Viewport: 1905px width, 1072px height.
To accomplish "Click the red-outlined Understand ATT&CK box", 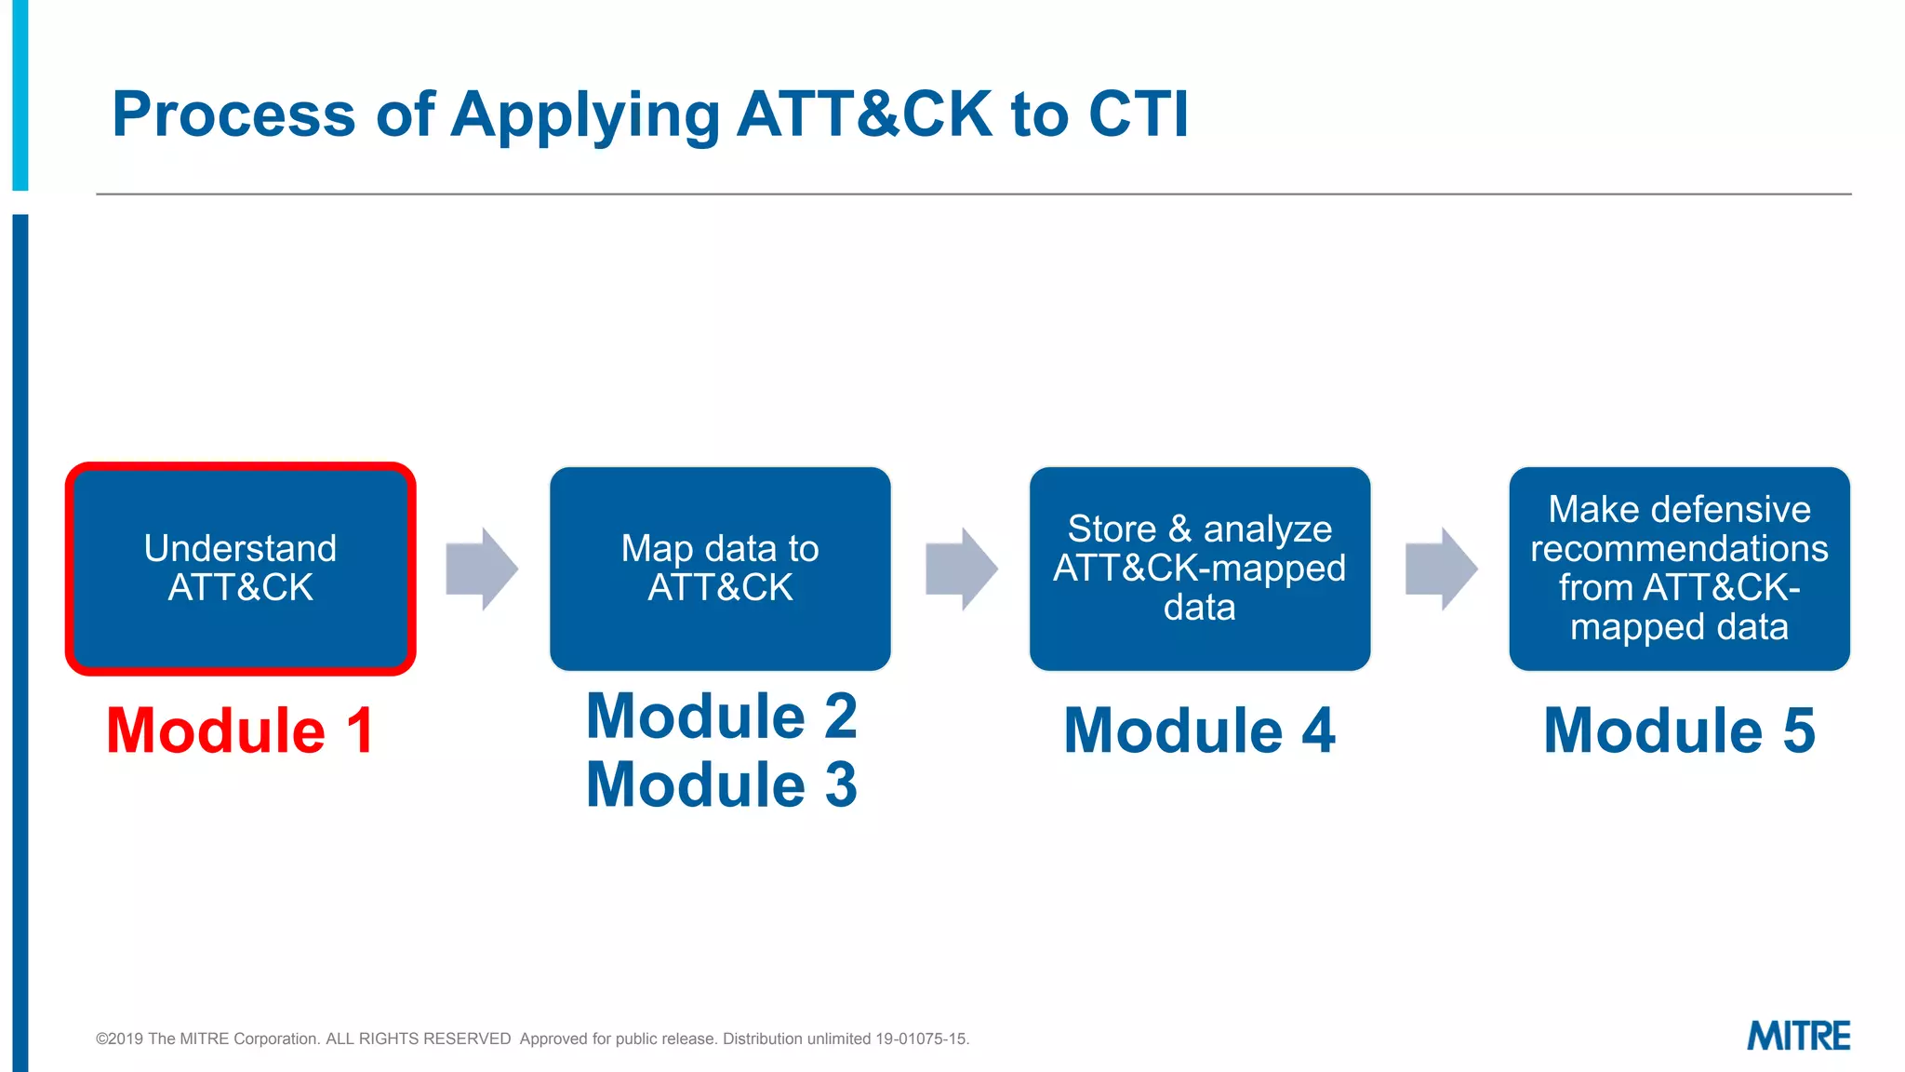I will pyautogui.click(x=240, y=569).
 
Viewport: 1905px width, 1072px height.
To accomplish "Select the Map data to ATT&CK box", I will pyautogui.click(x=720, y=569).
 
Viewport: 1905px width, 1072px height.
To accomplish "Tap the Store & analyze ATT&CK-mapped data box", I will pyautogui.click(x=1199, y=569).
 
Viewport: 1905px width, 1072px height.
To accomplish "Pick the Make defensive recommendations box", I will pyautogui.click(x=1679, y=569).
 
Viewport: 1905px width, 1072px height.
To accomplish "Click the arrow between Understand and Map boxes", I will pyautogui.click(x=481, y=569).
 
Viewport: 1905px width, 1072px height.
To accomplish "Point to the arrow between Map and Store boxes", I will pyautogui.click(x=961, y=569).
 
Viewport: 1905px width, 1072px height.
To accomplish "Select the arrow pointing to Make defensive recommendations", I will pyautogui.click(x=1440, y=569).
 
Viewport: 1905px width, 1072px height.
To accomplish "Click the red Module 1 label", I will pyautogui.click(x=240, y=730).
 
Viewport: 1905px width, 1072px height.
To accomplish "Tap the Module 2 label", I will pyautogui.click(x=721, y=717).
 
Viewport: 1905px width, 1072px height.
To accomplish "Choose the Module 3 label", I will pyautogui.click(x=721, y=784).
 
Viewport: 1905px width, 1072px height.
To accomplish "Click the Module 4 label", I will pyautogui.click(x=1199, y=730).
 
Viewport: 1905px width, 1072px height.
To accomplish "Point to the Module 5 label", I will pyautogui.click(x=1679, y=730).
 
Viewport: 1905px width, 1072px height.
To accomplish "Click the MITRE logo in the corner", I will pyautogui.click(x=1797, y=1036).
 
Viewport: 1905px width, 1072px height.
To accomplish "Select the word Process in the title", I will pyautogui.click(x=233, y=114).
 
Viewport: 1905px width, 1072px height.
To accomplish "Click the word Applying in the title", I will pyautogui.click(x=585, y=114).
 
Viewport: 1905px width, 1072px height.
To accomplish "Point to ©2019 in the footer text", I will pyautogui.click(x=119, y=1038).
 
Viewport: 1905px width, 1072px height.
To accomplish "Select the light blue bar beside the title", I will pyautogui.click(x=20, y=93).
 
